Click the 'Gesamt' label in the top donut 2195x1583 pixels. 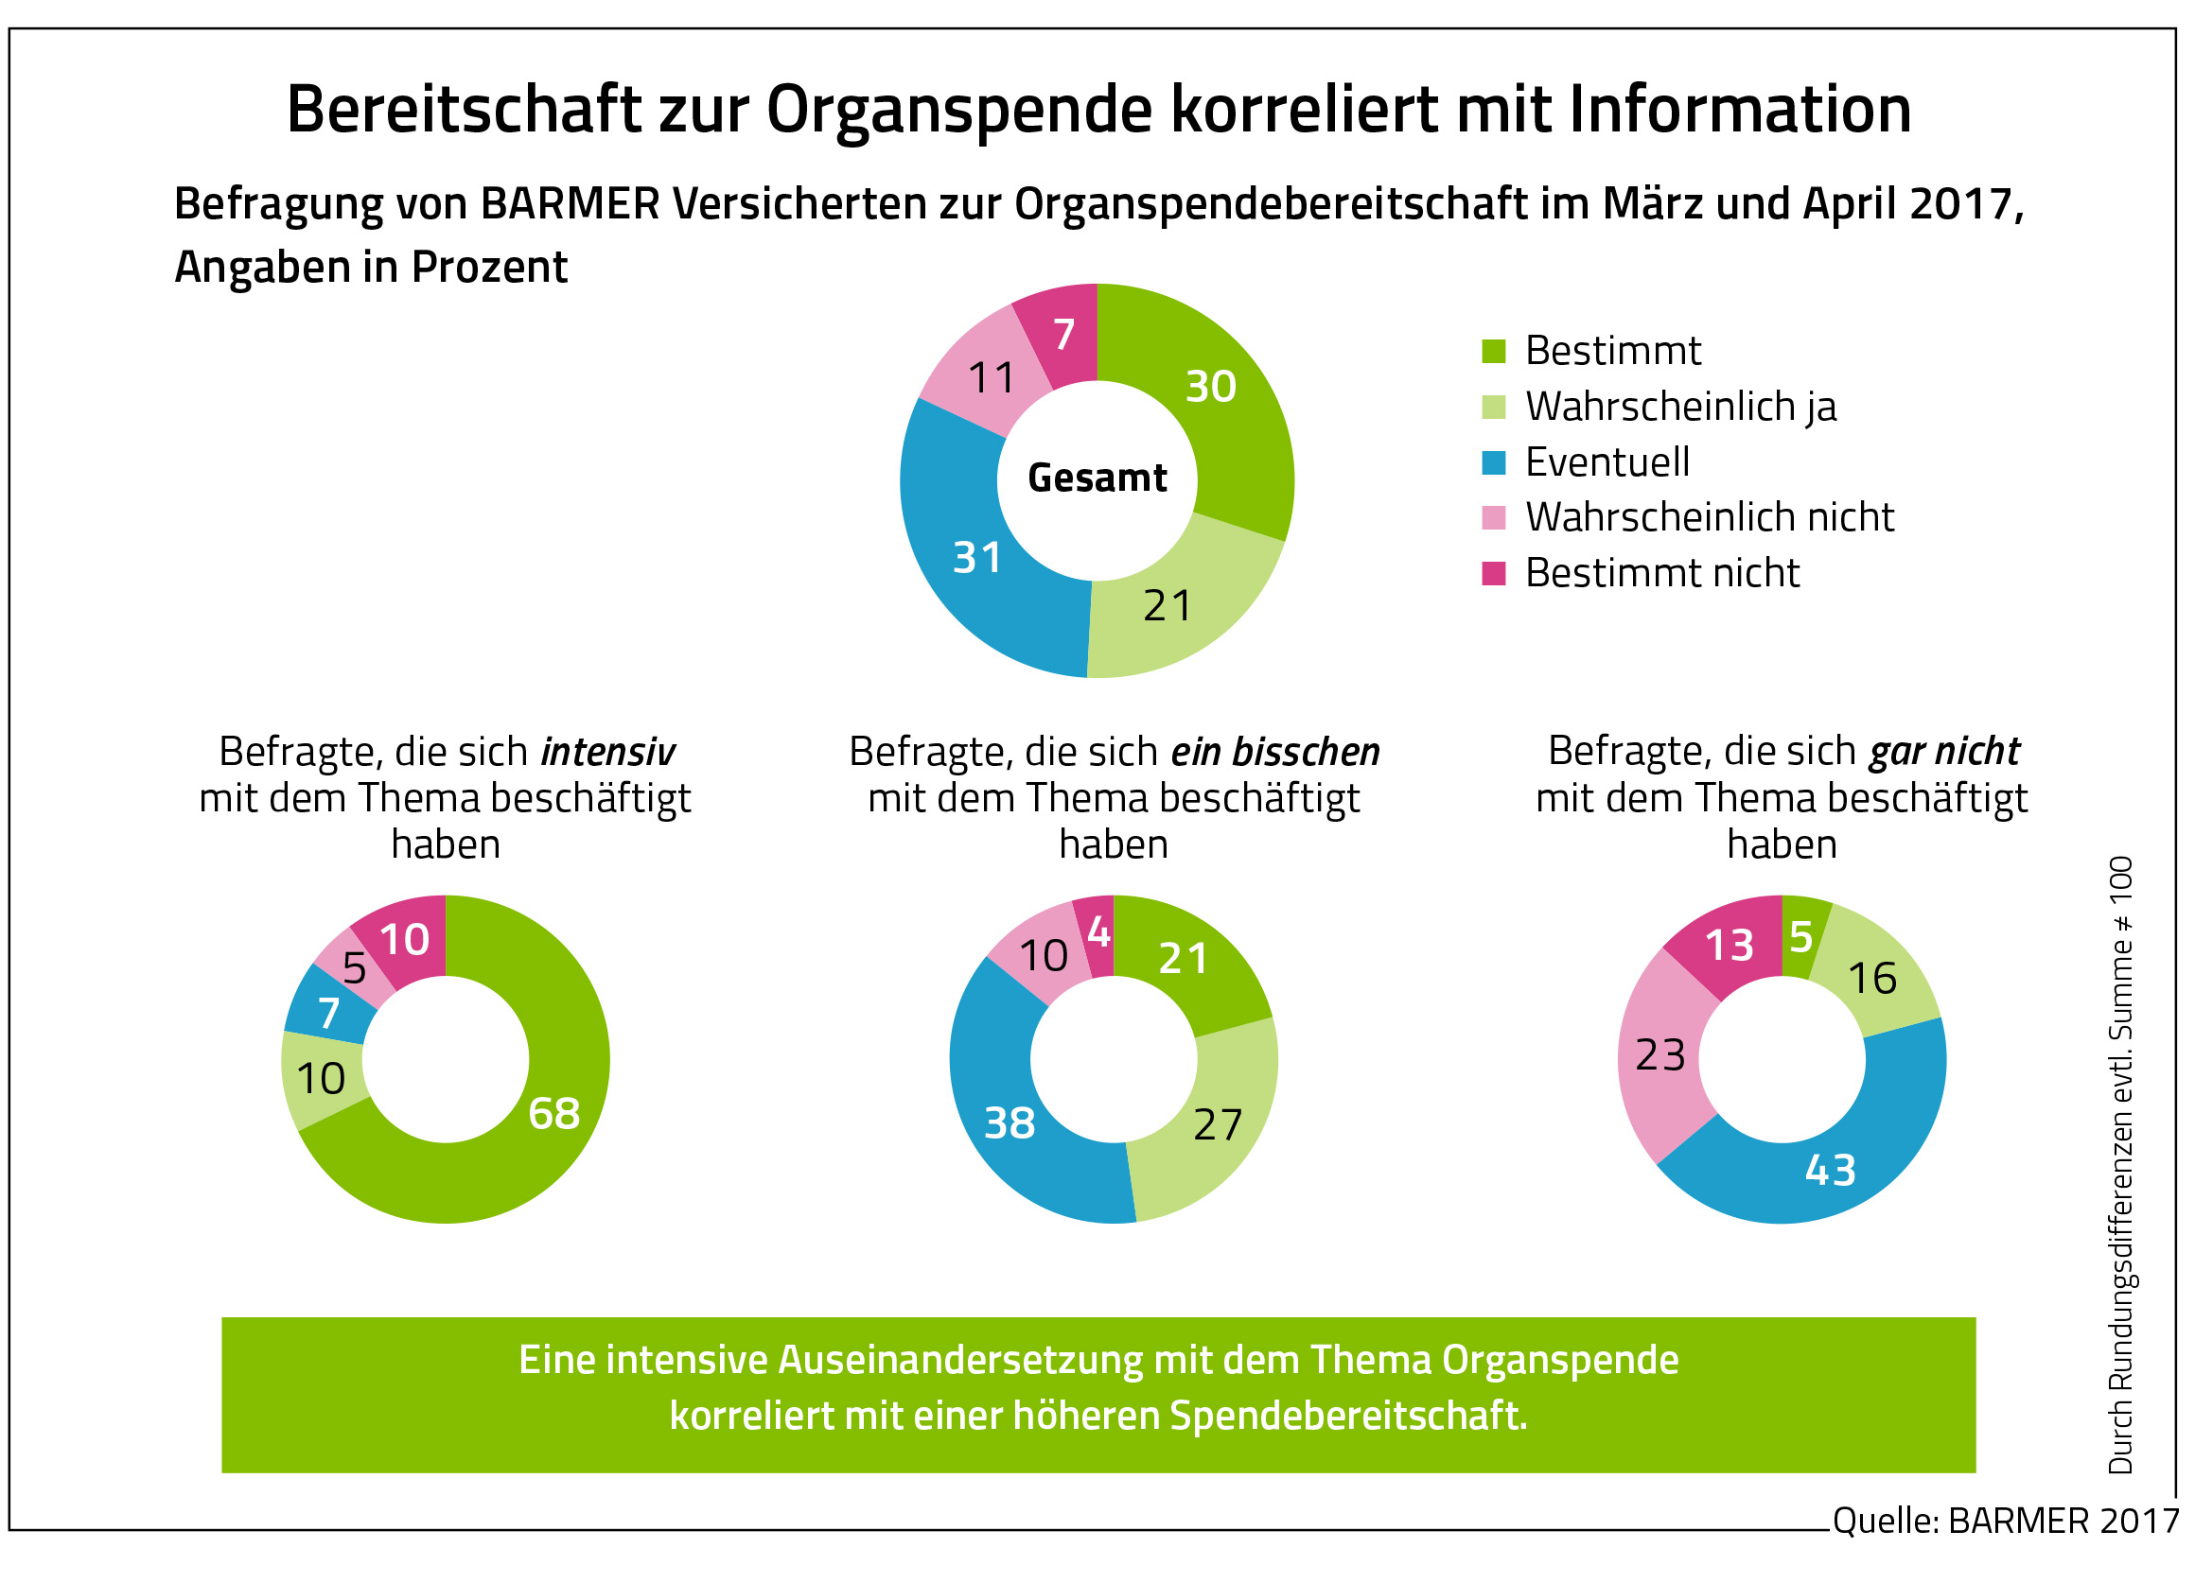[x=1097, y=478]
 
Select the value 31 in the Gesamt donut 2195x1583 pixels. [x=976, y=558]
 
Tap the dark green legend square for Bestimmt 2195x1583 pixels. [x=1493, y=351]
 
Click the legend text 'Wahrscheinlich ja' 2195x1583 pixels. [x=1680, y=407]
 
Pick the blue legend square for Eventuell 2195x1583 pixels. [x=1493, y=462]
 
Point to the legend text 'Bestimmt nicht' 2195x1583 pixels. [x=1661, y=573]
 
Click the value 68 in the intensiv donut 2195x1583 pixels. [x=553, y=1113]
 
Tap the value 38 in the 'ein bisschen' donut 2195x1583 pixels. [x=1009, y=1122]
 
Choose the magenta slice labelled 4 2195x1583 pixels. [x=1097, y=932]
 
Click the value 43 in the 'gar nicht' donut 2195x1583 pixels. [x=1830, y=1170]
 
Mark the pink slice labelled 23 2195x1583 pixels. [x=1659, y=1054]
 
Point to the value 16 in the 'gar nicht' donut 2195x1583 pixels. [x=1871, y=978]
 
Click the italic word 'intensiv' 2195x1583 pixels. [x=607, y=752]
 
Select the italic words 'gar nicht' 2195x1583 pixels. [x=1944, y=751]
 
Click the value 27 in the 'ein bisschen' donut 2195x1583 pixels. [x=1217, y=1124]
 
